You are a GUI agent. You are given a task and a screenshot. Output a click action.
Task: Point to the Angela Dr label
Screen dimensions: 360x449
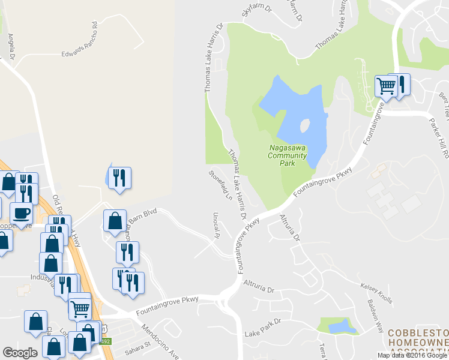point(11,47)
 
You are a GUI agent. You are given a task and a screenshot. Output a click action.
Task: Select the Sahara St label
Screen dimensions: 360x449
point(137,346)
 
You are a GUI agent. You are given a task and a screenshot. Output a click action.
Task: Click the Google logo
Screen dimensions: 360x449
point(20,353)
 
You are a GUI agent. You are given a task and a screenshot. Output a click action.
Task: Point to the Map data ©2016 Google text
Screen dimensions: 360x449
point(412,355)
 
